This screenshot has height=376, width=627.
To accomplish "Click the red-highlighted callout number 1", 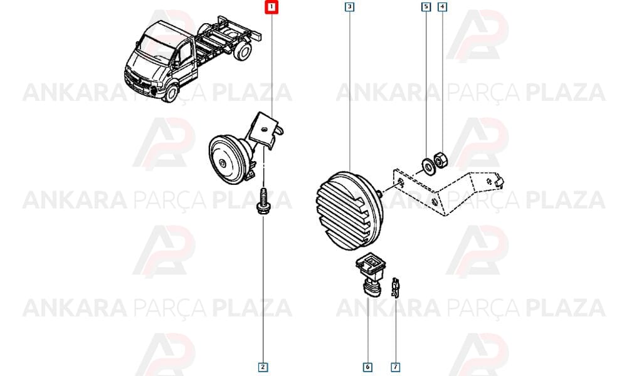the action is coord(271,7).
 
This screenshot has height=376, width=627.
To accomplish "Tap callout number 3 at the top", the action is coord(349,7).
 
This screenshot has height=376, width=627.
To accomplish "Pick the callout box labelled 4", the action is coord(442,7).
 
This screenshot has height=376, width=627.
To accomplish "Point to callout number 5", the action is coord(426,7).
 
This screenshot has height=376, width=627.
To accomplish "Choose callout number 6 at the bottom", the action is coord(367,367).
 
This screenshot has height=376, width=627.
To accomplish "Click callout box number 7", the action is coord(395,367).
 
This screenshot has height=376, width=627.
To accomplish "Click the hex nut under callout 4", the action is coord(441,160).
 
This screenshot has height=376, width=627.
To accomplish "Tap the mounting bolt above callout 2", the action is coord(262,201).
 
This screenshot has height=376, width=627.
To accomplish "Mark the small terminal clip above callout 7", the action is coord(395,287).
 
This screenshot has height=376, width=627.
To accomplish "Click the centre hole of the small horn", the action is coord(223,163).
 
